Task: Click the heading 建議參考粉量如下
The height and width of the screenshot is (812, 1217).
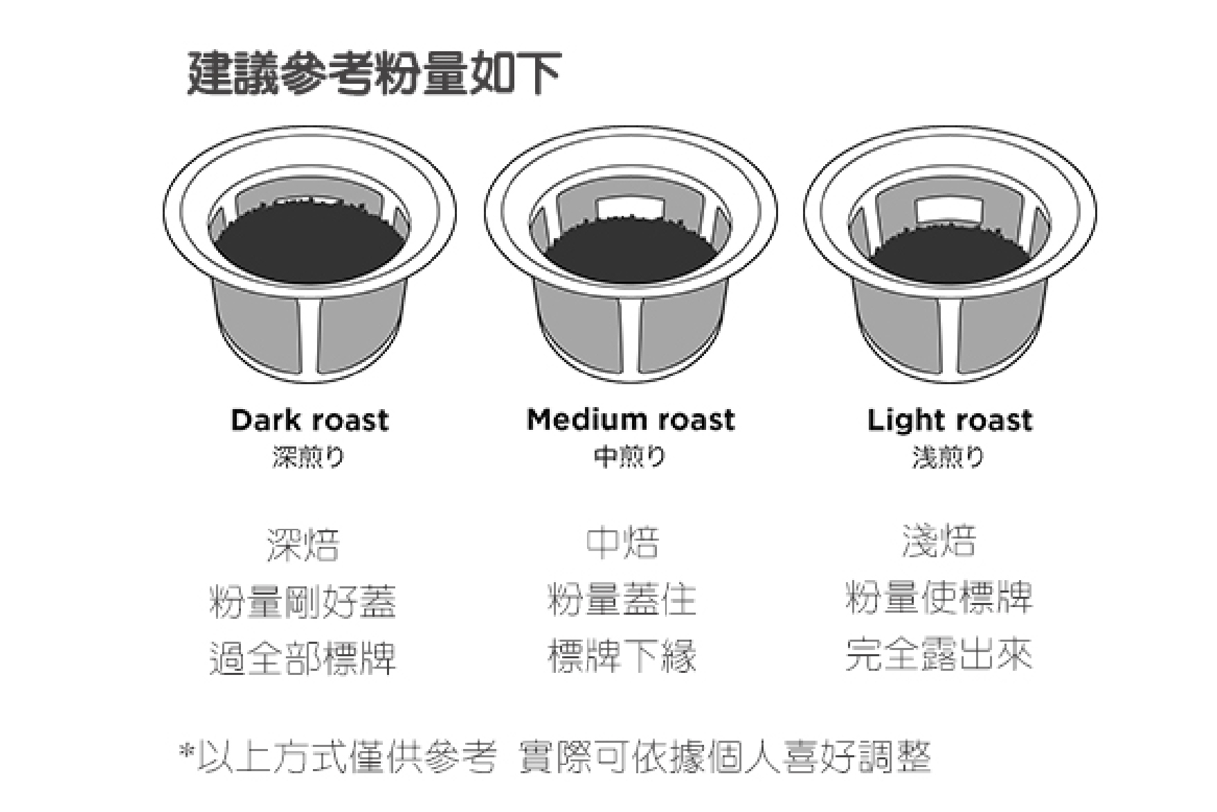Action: (x=373, y=73)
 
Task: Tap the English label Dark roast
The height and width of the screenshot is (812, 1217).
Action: (x=309, y=420)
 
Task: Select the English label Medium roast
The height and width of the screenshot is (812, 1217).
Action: (x=630, y=419)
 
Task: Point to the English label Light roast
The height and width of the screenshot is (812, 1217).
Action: (x=949, y=420)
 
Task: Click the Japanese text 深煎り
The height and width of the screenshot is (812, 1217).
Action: (x=309, y=457)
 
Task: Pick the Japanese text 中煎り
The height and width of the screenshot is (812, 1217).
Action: (x=630, y=456)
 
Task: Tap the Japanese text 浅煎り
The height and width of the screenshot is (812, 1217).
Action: (x=948, y=457)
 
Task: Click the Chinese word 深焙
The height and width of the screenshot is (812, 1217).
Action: (x=303, y=544)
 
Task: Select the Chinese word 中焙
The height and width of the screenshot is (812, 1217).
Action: (x=622, y=543)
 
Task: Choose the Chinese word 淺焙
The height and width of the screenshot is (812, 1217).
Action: (x=939, y=541)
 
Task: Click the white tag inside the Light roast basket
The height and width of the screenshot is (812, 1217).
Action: (x=949, y=210)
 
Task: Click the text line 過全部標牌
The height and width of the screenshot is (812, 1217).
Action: (x=303, y=658)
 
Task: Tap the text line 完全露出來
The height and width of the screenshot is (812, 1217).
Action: (x=939, y=654)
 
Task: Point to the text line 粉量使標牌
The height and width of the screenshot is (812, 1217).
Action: (x=939, y=597)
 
